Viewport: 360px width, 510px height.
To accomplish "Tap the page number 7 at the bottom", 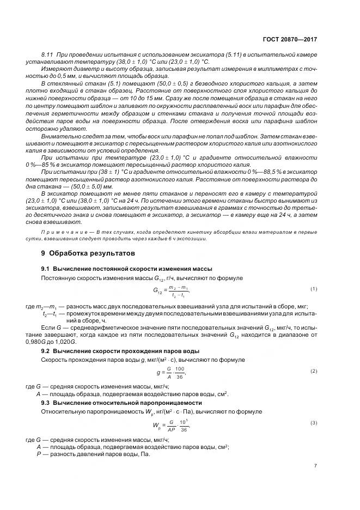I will click(315, 465).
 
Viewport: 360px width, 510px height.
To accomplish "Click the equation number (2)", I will click(314, 371).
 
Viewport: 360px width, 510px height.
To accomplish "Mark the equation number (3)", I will click(314, 422).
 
